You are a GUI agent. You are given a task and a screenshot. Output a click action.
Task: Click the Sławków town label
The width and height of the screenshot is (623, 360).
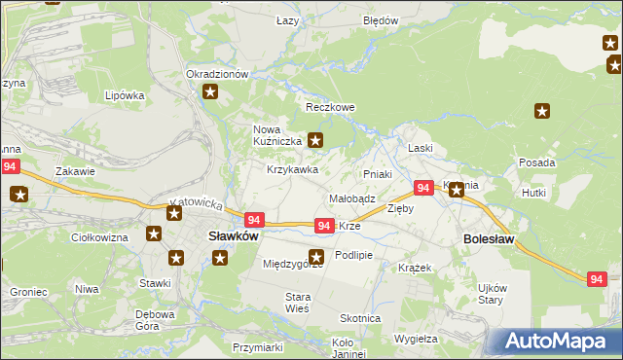point(234,235)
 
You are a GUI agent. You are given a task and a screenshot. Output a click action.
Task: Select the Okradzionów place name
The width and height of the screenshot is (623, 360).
point(218,74)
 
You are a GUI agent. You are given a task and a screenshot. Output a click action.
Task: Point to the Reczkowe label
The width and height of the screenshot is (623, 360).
point(330,107)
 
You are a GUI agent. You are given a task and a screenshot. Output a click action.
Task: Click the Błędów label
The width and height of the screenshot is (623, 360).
point(381,20)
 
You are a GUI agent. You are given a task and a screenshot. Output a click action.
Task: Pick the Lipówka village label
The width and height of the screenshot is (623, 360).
point(125,95)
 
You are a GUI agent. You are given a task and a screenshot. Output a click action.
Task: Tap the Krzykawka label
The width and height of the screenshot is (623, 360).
point(293,169)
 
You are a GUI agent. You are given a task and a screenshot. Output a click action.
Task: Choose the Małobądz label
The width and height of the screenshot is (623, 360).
point(351,198)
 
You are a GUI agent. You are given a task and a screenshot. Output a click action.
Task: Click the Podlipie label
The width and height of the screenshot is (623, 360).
point(353,255)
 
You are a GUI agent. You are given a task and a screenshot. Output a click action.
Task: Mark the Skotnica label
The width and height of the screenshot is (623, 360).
point(359,318)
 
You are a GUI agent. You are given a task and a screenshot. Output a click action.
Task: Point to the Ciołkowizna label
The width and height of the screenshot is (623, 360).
point(100,236)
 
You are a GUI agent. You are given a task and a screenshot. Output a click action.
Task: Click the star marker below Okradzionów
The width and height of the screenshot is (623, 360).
point(210,92)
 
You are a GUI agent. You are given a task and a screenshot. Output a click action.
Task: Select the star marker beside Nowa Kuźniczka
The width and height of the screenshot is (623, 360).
point(315,140)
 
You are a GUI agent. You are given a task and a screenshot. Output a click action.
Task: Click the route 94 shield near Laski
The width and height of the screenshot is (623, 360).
point(423,188)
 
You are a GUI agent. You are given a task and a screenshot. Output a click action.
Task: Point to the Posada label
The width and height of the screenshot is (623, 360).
point(537,162)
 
